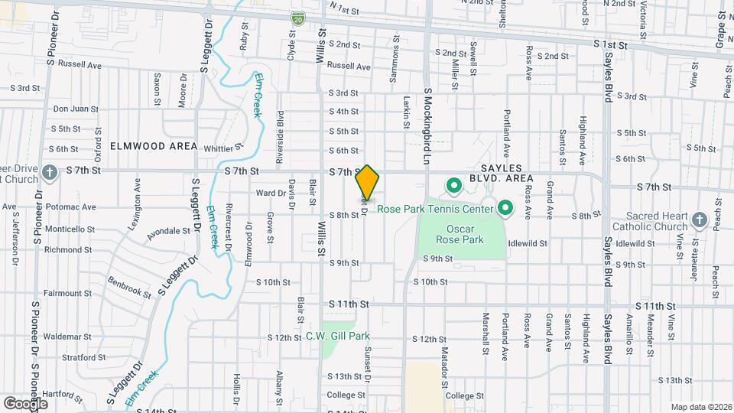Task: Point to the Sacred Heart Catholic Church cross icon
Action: (699, 221)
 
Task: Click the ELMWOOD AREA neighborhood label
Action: (153, 146)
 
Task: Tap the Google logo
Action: (25, 403)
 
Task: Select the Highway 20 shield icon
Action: (297, 17)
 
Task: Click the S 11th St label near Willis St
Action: (349, 304)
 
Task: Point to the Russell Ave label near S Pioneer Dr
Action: (80, 66)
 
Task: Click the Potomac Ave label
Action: (70, 206)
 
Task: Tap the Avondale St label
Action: (167, 232)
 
